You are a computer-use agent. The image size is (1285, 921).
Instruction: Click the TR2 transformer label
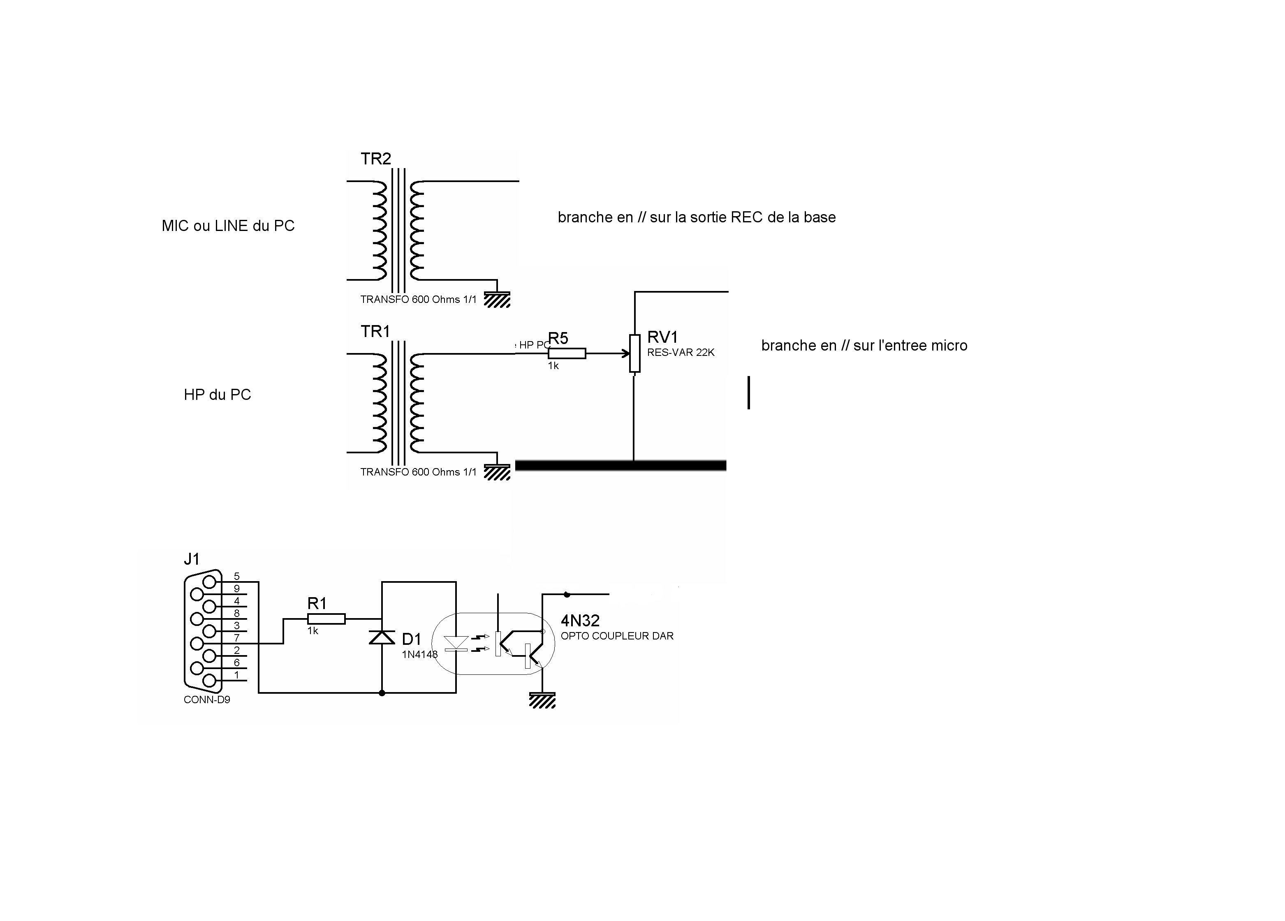pyautogui.click(x=376, y=159)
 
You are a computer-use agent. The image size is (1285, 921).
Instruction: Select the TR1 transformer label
pyautogui.click(x=375, y=331)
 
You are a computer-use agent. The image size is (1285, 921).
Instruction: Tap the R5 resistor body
pyautogui.click(x=567, y=353)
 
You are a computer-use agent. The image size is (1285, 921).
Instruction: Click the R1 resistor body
pyautogui.click(x=326, y=619)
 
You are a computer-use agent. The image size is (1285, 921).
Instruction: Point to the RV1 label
pyautogui.click(x=662, y=337)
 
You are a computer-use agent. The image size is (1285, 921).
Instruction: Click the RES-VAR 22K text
pyautogui.click(x=681, y=352)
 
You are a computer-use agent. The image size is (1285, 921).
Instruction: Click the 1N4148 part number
pyautogui.click(x=419, y=655)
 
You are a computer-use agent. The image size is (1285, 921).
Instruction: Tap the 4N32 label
pyautogui.click(x=580, y=621)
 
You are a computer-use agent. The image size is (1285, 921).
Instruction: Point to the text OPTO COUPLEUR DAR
pyautogui.click(x=617, y=636)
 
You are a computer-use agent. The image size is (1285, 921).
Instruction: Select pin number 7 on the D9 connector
pyautogui.click(x=237, y=638)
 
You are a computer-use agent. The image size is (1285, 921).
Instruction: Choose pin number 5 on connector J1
pyautogui.click(x=237, y=577)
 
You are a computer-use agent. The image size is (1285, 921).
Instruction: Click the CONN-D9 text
pyautogui.click(x=207, y=699)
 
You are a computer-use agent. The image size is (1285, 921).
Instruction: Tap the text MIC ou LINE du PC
pyautogui.click(x=228, y=226)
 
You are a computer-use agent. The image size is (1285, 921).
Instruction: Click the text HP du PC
pyautogui.click(x=217, y=395)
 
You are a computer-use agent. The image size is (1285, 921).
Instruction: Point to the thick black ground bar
pyautogui.click(x=621, y=466)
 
